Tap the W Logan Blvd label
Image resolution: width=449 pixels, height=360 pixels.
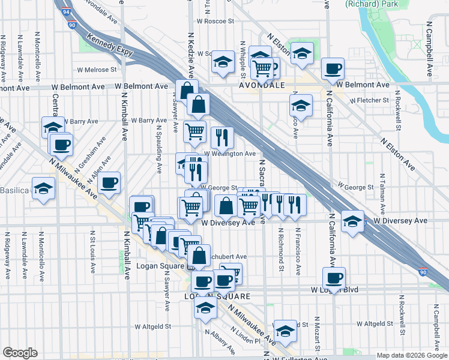334,290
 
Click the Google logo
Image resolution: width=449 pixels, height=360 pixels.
20,353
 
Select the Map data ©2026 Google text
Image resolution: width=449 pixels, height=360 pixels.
412,355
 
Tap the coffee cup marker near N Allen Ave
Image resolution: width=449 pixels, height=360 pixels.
109,183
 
